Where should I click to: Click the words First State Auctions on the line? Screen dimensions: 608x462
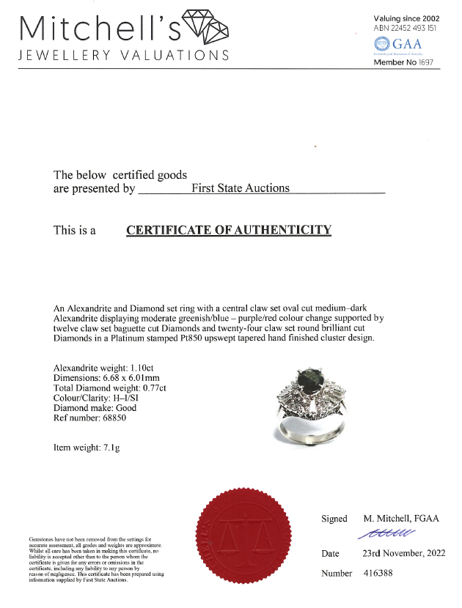(x=241, y=188)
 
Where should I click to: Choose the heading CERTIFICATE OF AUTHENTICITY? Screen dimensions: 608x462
(x=229, y=230)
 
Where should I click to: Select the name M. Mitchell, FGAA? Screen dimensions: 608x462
(x=400, y=519)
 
